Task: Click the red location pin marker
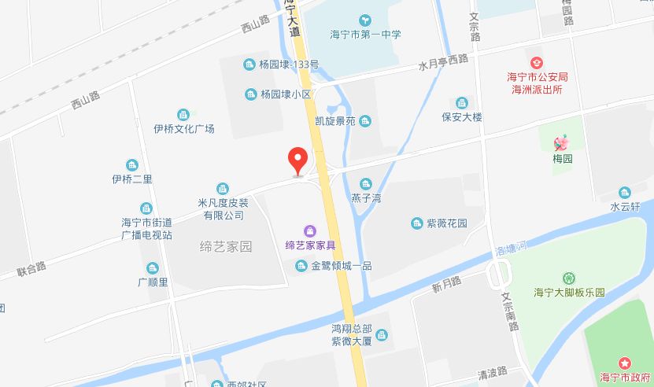pyautogui.click(x=297, y=160)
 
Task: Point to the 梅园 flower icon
pyautogui.click(x=562, y=143)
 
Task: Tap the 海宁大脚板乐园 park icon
pyautogui.click(x=568, y=278)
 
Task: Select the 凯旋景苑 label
pyautogui.click(x=335, y=121)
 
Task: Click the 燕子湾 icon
pyautogui.click(x=365, y=183)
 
